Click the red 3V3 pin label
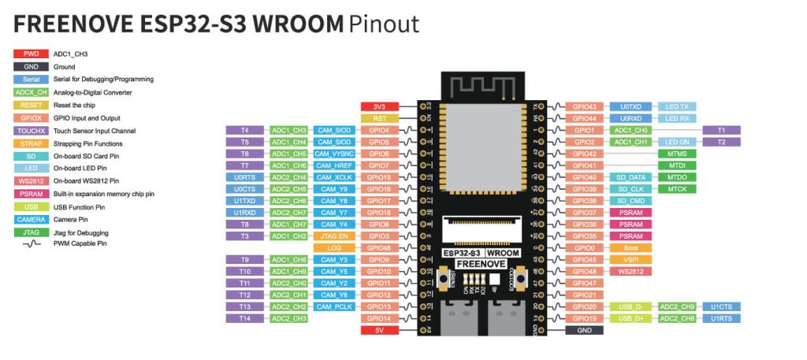(379, 106)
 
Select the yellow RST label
(379, 118)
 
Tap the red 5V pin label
(379, 330)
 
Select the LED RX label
(677, 118)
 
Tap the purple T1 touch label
(721, 130)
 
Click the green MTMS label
(677, 154)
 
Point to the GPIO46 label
(379, 247)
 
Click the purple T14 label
(245, 318)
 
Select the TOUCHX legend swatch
(32, 131)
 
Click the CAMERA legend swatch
(32, 220)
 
